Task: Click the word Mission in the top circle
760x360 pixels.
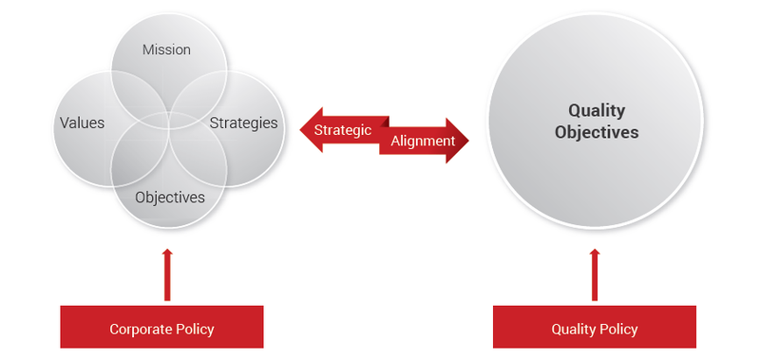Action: point(166,49)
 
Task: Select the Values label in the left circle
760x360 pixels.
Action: point(82,123)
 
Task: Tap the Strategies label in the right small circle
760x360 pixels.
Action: point(243,123)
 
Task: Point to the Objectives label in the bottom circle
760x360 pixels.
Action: point(170,198)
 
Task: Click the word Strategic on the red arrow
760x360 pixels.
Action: point(342,130)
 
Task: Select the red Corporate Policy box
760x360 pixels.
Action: point(161,329)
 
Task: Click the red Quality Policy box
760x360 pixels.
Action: point(594,329)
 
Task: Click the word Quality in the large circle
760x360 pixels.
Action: point(596,111)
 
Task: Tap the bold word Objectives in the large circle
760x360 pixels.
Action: point(596,132)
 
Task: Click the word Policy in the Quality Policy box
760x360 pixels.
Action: point(617,330)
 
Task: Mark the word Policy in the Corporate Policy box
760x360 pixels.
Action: point(196,330)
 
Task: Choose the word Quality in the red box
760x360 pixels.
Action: point(573,330)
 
